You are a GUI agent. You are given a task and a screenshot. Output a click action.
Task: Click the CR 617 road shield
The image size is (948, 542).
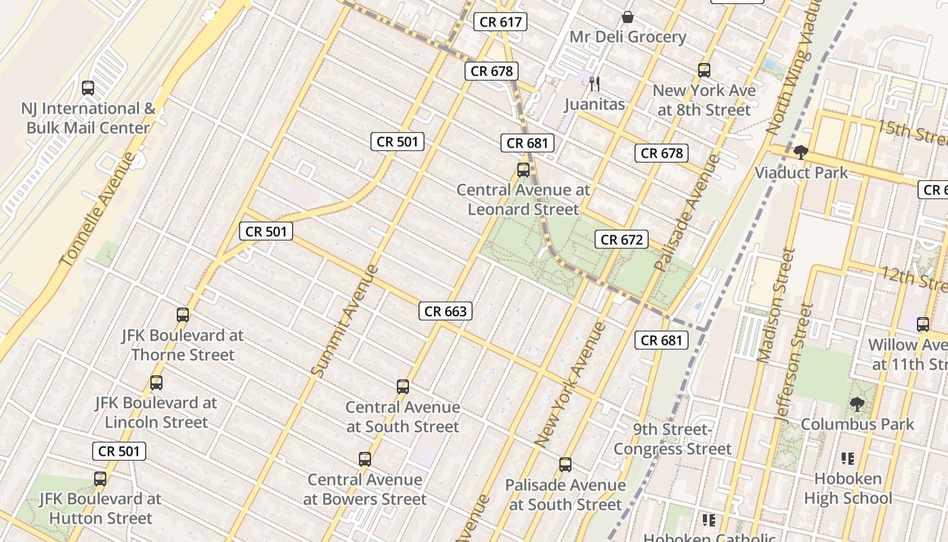click(500, 22)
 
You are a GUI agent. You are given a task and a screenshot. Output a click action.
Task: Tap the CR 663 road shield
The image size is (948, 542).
click(445, 311)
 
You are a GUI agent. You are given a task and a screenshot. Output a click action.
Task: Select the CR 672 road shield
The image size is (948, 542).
click(621, 239)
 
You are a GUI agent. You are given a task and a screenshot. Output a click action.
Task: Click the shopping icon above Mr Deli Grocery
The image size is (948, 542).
click(628, 17)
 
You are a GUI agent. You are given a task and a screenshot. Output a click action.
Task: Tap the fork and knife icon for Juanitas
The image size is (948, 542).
click(595, 84)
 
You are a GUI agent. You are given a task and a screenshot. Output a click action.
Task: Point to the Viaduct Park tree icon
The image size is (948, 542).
click(801, 152)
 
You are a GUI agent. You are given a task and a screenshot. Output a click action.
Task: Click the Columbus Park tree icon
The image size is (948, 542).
click(857, 404)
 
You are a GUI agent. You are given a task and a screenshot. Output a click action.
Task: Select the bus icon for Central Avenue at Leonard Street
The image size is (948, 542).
click(523, 170)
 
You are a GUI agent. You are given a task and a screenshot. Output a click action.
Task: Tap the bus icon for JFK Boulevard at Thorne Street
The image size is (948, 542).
click(183, 315)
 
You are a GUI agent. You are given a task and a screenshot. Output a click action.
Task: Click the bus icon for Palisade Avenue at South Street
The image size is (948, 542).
click(565, 465)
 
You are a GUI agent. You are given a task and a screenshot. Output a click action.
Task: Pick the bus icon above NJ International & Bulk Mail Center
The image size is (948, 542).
click(88, 88)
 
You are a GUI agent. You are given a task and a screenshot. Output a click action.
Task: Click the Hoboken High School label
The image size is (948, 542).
click(848, 488)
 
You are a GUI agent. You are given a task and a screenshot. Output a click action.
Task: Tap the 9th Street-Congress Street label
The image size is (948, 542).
click(672, 439)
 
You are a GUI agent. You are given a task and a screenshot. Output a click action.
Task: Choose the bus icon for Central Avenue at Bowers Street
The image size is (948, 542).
click(365, 459)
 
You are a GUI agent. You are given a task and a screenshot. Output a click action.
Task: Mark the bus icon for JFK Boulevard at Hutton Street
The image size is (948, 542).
click(100, 479)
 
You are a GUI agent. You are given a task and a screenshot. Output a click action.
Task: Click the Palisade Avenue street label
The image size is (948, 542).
click(686, 213)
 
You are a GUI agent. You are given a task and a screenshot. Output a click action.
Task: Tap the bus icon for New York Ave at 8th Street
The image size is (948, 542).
click(704, 70)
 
